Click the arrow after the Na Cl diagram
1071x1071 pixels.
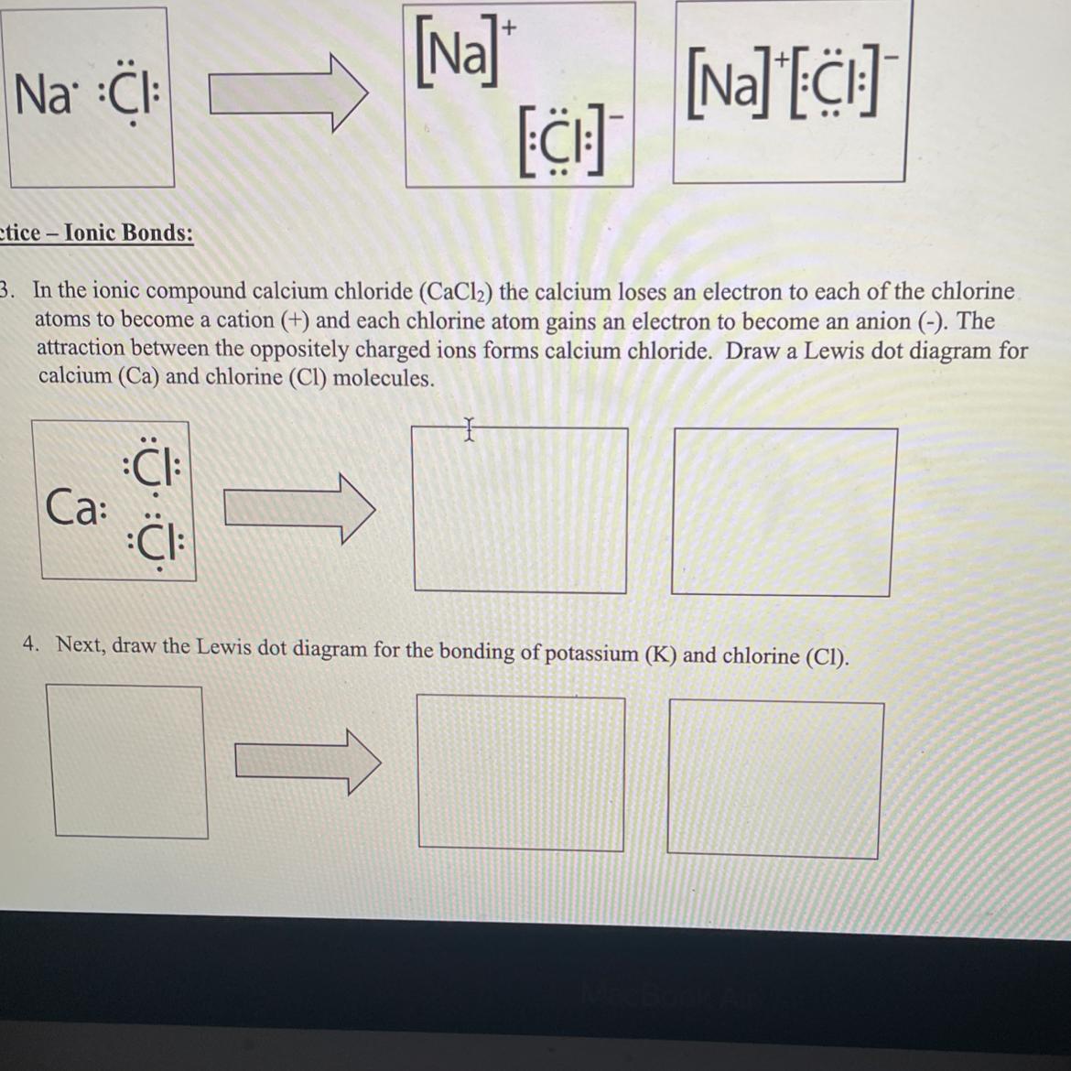[288, 92]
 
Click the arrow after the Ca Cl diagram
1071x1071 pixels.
[299, 509]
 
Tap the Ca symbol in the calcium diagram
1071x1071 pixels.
[71, 507]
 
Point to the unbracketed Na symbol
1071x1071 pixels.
[41, 94]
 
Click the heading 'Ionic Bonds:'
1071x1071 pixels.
[128, 233]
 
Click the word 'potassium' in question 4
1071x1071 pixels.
[591, 653]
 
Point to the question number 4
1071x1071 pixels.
[31, 644]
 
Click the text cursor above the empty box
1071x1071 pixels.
[468, 429]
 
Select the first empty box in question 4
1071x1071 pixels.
[128, 761]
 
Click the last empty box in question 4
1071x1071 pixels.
[774, 779]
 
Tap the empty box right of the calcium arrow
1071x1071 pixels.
[519, 510]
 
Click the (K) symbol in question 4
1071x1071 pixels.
[660, 654]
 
